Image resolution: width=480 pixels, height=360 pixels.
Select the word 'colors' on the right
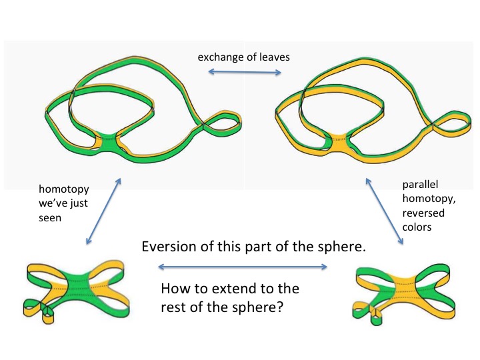419,228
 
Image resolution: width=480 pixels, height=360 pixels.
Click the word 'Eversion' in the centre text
166,247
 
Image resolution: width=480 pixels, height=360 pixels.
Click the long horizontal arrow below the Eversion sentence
242,267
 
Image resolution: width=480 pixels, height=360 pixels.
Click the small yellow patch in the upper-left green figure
107,141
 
